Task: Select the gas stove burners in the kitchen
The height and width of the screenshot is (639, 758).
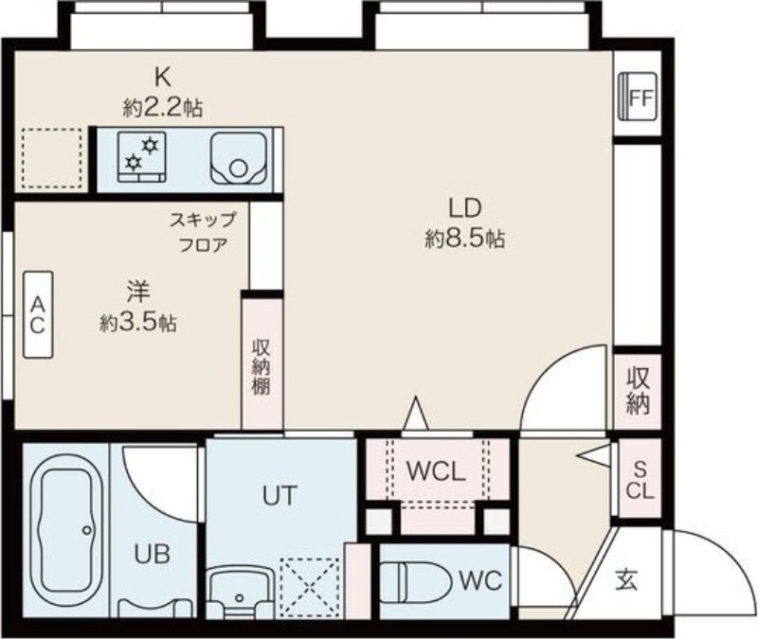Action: tap(141, 154)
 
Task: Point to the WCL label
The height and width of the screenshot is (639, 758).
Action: tap(435, 470)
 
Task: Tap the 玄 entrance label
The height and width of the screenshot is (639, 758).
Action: tap(627, 579)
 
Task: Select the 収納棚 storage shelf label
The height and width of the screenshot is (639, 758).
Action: tap(262, 366)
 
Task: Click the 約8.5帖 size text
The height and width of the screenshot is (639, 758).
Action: tap(464, 240)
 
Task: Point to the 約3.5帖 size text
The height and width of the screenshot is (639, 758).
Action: tap(137, 323)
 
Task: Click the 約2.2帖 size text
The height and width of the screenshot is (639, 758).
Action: tap(163, 106)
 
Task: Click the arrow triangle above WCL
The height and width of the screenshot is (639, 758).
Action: tap(414, 413)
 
